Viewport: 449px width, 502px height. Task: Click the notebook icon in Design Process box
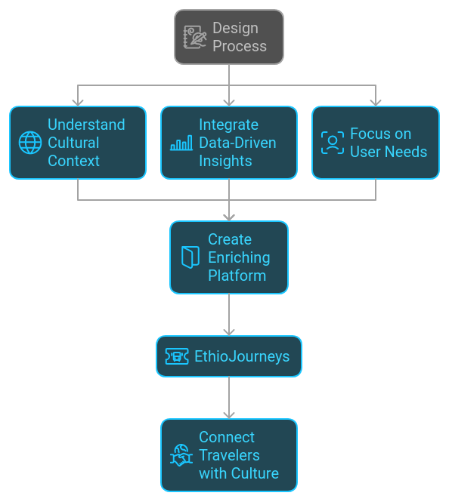(x=194, y=37)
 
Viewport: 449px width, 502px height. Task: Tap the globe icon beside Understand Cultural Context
(x=30, y=143)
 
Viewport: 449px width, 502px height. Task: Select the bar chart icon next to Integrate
(x=181, y=143)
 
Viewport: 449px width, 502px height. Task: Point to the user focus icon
(x=333, y=143)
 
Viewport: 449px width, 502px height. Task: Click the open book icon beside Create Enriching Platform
(x=190, y=257)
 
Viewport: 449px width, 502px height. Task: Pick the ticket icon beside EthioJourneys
(x=177, y=356)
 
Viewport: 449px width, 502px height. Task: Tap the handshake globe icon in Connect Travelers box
(x=181, y=455)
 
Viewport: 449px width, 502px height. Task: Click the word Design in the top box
(x=236, y=28)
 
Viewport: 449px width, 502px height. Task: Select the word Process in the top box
(x=240, y=46)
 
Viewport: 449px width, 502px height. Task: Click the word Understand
(x=86, y=125)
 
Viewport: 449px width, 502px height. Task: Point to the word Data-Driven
(x=237, y=143)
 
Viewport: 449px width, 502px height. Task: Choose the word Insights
(x=225, y=161)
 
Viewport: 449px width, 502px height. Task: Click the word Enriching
(x=239, y=257)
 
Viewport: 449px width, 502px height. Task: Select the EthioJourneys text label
(x=242, y=356)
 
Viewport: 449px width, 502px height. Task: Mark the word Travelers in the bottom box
(x=229, y=455)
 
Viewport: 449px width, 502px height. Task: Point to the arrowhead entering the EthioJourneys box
(x=229, y=332)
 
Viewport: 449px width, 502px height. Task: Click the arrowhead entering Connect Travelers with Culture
(x=229, y=415)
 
